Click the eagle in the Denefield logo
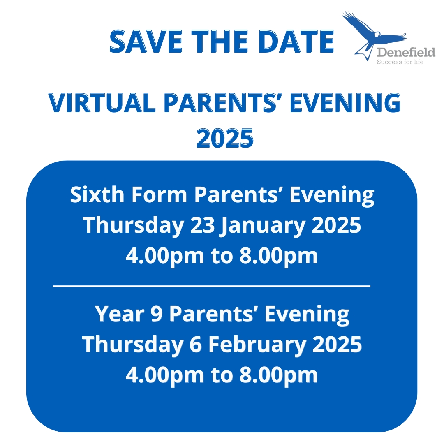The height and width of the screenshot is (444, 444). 373,35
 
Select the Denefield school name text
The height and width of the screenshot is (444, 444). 406,52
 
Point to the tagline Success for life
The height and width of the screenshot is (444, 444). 400,62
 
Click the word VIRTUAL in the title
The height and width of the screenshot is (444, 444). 102,102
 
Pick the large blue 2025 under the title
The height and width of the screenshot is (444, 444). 225,138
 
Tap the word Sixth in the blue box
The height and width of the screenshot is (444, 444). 97,195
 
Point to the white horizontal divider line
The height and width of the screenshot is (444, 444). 212,286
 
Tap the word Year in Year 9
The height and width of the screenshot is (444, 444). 119,314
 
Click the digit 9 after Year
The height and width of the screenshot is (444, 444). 157,314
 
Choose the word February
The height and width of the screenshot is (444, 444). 257,345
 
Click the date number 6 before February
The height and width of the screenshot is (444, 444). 195,345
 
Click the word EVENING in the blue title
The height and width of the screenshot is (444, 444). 345,102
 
